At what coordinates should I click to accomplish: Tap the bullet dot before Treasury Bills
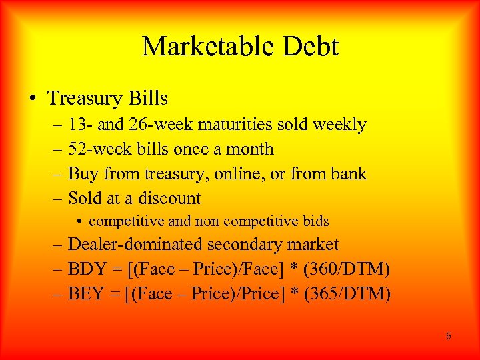(x=33, y=99)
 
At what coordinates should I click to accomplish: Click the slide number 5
(x=448, y=336)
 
